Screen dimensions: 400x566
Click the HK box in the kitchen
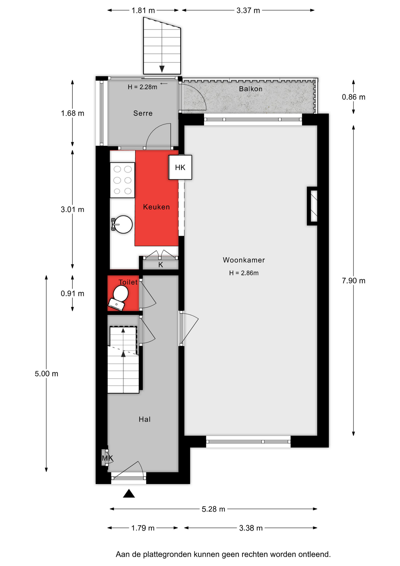180,167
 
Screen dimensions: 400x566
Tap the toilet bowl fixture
119,298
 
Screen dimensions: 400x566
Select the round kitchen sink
122,224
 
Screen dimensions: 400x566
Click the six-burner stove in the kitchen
122,180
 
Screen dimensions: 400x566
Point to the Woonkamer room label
244,260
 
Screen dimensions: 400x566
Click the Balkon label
250,89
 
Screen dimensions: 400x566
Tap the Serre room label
143,113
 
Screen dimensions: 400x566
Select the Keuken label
156,207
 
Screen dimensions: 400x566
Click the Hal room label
145,419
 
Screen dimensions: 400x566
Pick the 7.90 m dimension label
353,281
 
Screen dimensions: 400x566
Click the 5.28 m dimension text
213,509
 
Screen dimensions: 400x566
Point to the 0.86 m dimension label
353,97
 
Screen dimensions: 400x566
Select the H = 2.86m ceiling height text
244,273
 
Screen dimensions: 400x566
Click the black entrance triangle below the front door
129,493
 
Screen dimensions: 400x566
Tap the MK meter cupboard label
107,458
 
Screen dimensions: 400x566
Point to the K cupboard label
161,265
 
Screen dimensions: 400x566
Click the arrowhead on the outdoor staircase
162,69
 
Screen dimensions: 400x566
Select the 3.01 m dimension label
72,210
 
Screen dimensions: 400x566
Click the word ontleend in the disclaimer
315,554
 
